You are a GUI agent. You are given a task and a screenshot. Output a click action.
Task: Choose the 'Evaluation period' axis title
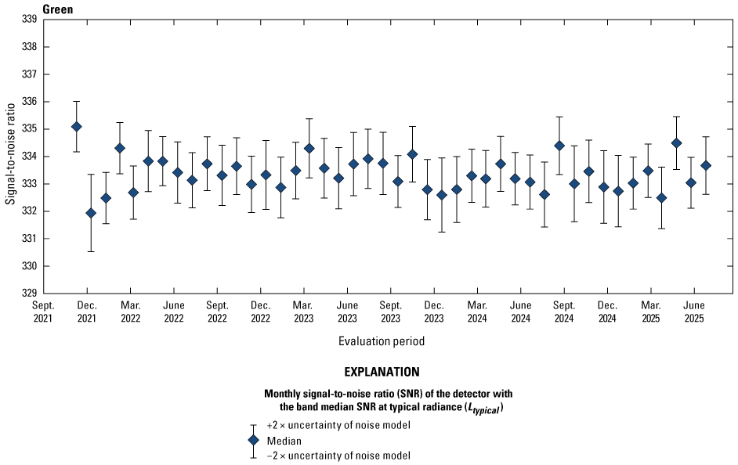tap(382, 341)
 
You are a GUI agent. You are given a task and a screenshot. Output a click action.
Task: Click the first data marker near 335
tap(76, 127)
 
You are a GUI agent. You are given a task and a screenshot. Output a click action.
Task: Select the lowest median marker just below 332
tap(91, 213)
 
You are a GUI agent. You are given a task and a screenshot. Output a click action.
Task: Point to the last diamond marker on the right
tap(706, 165)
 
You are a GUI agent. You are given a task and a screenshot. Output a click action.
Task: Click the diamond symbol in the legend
tap(252, 440)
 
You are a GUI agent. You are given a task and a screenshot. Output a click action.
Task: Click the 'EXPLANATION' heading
tap(382, 372)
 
